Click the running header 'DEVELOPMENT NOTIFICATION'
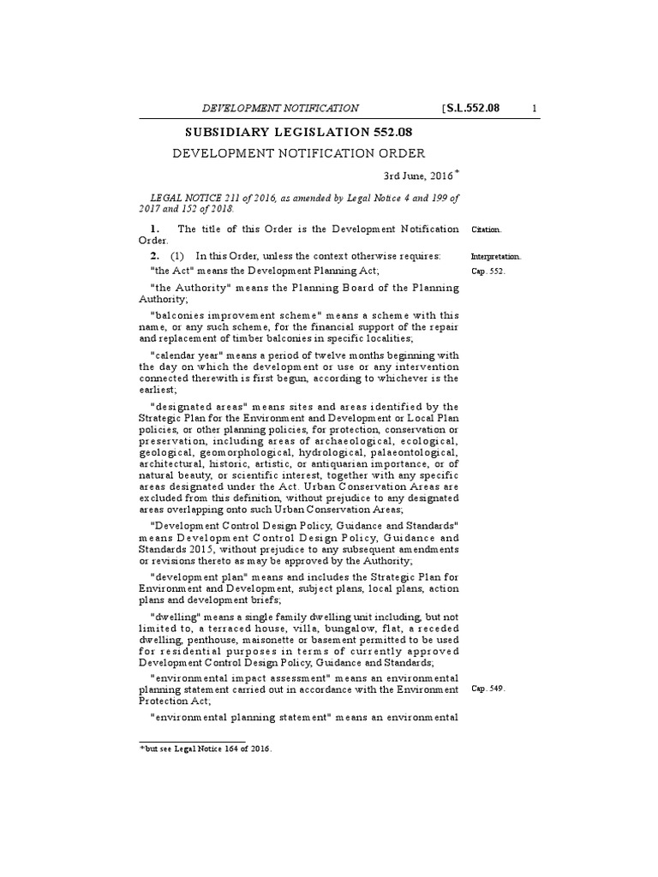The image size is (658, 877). pyautogui.click(x=280, y=108)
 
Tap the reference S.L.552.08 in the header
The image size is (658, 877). pyautogui.click(x=472, y=108)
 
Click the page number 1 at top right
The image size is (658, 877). pyautogui.click(x=535, y=108)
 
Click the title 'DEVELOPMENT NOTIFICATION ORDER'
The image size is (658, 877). pyautogui.click(x=299, y=154)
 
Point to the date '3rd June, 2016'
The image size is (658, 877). pyautogui.click(x=418, y=176)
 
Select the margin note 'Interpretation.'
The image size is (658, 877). pyautogui.click(x=496, y=256)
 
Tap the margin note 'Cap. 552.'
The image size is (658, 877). pyautogui.click(x=488, y=271)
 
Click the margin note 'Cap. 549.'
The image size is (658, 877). pyautogui.click(x=488, y=689)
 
